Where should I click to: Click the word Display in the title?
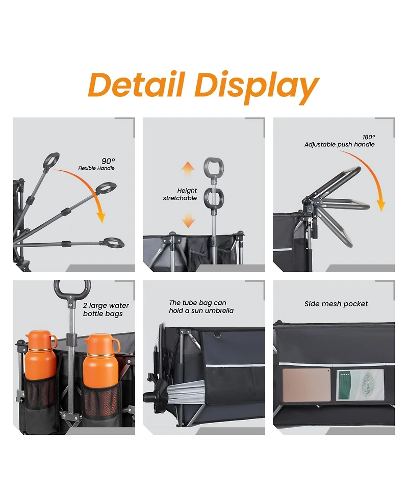pyautogui.click(x=257, y=87)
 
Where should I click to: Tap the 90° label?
pyautogui.click(x=108, y=161)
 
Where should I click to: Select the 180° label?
pyautogui.click(x=369, y=137)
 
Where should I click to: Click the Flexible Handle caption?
pyautogui.click(x=96, y=168)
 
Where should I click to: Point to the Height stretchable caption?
pyautogui.click(x=180, y=194)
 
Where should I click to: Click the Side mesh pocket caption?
pyautogui.click(x=336, y=304)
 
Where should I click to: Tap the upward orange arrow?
pyautogui.click(x=188, y=169)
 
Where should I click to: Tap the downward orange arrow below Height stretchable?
pyautogui.click(x=188, y=220)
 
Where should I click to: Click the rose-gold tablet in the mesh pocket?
pyautogui.click(x=307, y=385)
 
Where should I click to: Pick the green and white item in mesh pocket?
pyautogui.click(x=360, y=385)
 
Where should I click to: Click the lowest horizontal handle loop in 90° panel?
pyautogui.click(x=114, y=243)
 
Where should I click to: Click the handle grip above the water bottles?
pyautogui.click(x=72, y=288)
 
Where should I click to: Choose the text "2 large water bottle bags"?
pyautogui.click(x=106, y=310)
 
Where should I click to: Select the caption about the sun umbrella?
pyautogui.click(x=201, y=307)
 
